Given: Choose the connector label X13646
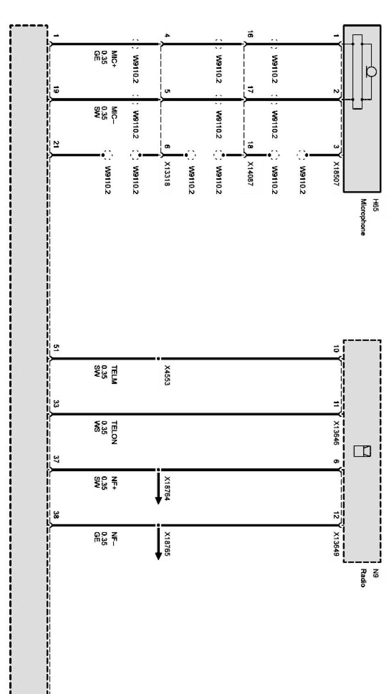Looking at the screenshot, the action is pyautogui.click(x=336, y=433).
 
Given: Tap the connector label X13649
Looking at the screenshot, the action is pyautogui.click(x=336, y=544).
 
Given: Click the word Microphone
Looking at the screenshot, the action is pyautogui.click(x=363, y=217).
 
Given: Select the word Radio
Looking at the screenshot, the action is pyautogui.click(x=363, y=578).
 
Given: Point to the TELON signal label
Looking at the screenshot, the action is pyautogui.click(x=114, y=432).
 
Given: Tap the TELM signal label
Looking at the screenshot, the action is pyautogui.click(x=114, y=375).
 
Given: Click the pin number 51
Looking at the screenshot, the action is pyautogui.click(x=56, y=348).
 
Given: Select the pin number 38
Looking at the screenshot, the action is pyautogui.click(x=56, y=515).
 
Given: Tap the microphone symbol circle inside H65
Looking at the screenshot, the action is pyautogui.click(x=371, y=72).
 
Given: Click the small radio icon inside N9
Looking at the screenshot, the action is pyautogui.click(x=362, y=451).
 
